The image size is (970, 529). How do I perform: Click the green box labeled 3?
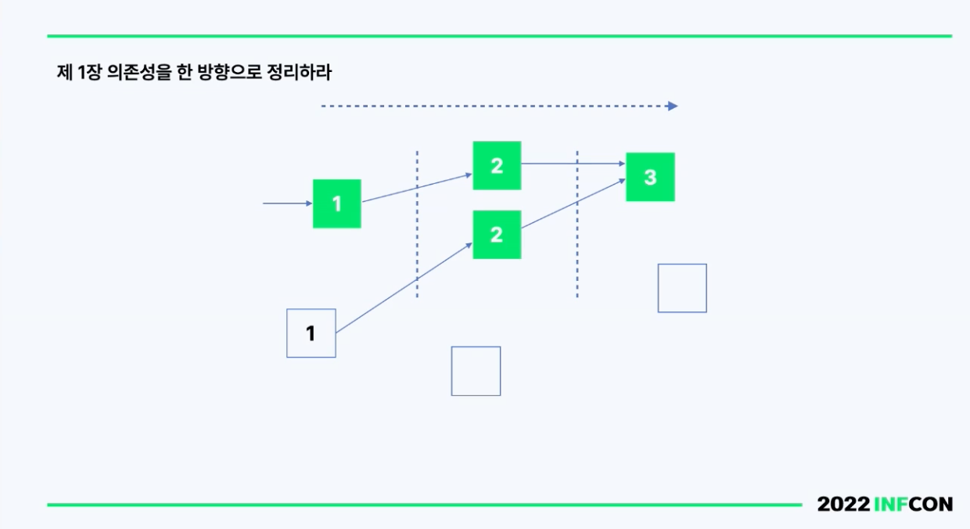click(x=650, y=177)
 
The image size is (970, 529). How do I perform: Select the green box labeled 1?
click(x=337, y=203)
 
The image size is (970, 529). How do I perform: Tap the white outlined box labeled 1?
click(x=311, y=333)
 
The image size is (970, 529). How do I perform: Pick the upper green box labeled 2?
click(x=497, y=165)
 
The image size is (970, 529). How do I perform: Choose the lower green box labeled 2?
click(x=497, y=235)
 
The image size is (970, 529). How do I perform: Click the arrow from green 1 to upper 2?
click(x=417, y=188)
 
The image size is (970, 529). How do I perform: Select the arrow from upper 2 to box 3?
click(x=573, y=164)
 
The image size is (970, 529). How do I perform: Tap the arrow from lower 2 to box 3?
click(x=573, y=203)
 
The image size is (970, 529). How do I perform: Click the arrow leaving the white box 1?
click(x=404, y=288)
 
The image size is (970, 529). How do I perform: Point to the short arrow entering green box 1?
click(x=288, y=203)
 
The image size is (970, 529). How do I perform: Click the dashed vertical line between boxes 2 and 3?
click(x=577, y=224)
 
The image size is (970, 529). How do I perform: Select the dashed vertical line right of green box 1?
click(x=417, y=224)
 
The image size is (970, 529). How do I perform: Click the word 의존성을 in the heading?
click(x=138, y=72)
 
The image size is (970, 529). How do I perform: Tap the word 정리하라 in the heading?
click(x=300, y=72)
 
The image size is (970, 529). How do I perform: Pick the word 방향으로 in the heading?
click(x=230, y=72)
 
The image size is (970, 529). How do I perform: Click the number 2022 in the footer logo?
click(x=843, y=504)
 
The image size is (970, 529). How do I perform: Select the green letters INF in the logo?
click(x=891, y=504)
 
